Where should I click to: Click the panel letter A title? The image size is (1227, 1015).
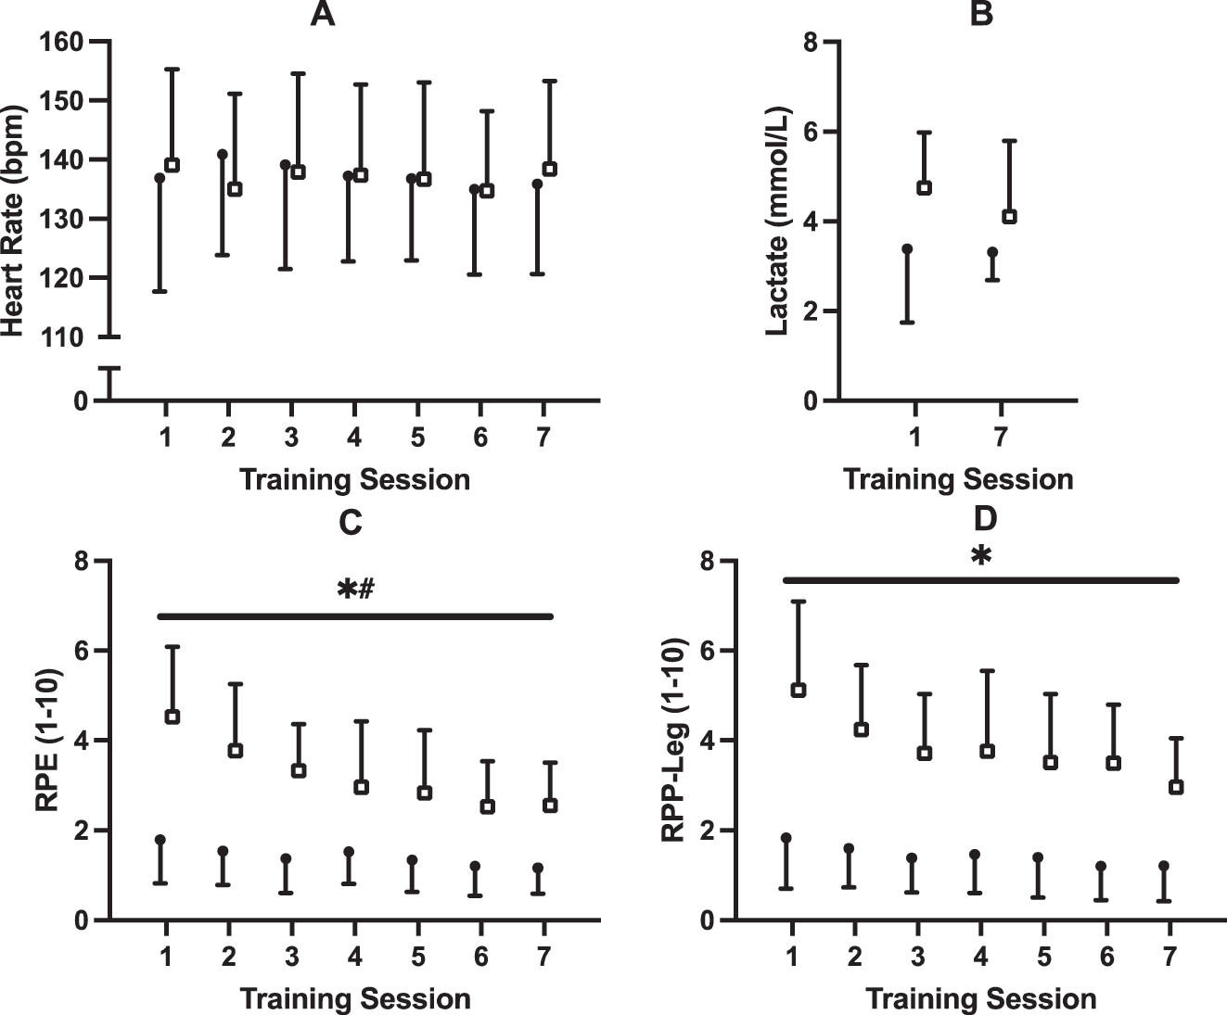pos(322,15)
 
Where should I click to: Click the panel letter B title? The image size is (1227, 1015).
pos(980,15)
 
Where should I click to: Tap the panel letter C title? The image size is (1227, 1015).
pos(350,524)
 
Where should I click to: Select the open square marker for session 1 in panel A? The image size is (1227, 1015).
pos(172,165)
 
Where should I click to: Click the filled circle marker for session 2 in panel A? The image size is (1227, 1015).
pos(223,155)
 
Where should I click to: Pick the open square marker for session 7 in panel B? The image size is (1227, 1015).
pos(1010,217)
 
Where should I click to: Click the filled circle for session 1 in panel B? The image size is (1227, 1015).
pos(907,249)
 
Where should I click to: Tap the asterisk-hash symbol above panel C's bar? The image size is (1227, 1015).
pos(355,590)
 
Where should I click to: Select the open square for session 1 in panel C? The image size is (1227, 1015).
pos(172,717)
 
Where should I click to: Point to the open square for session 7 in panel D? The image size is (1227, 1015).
pos(1176,787)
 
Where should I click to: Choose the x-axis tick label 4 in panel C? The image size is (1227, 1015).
pos(354,956)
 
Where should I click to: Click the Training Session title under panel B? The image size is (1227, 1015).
pos(958,479)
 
